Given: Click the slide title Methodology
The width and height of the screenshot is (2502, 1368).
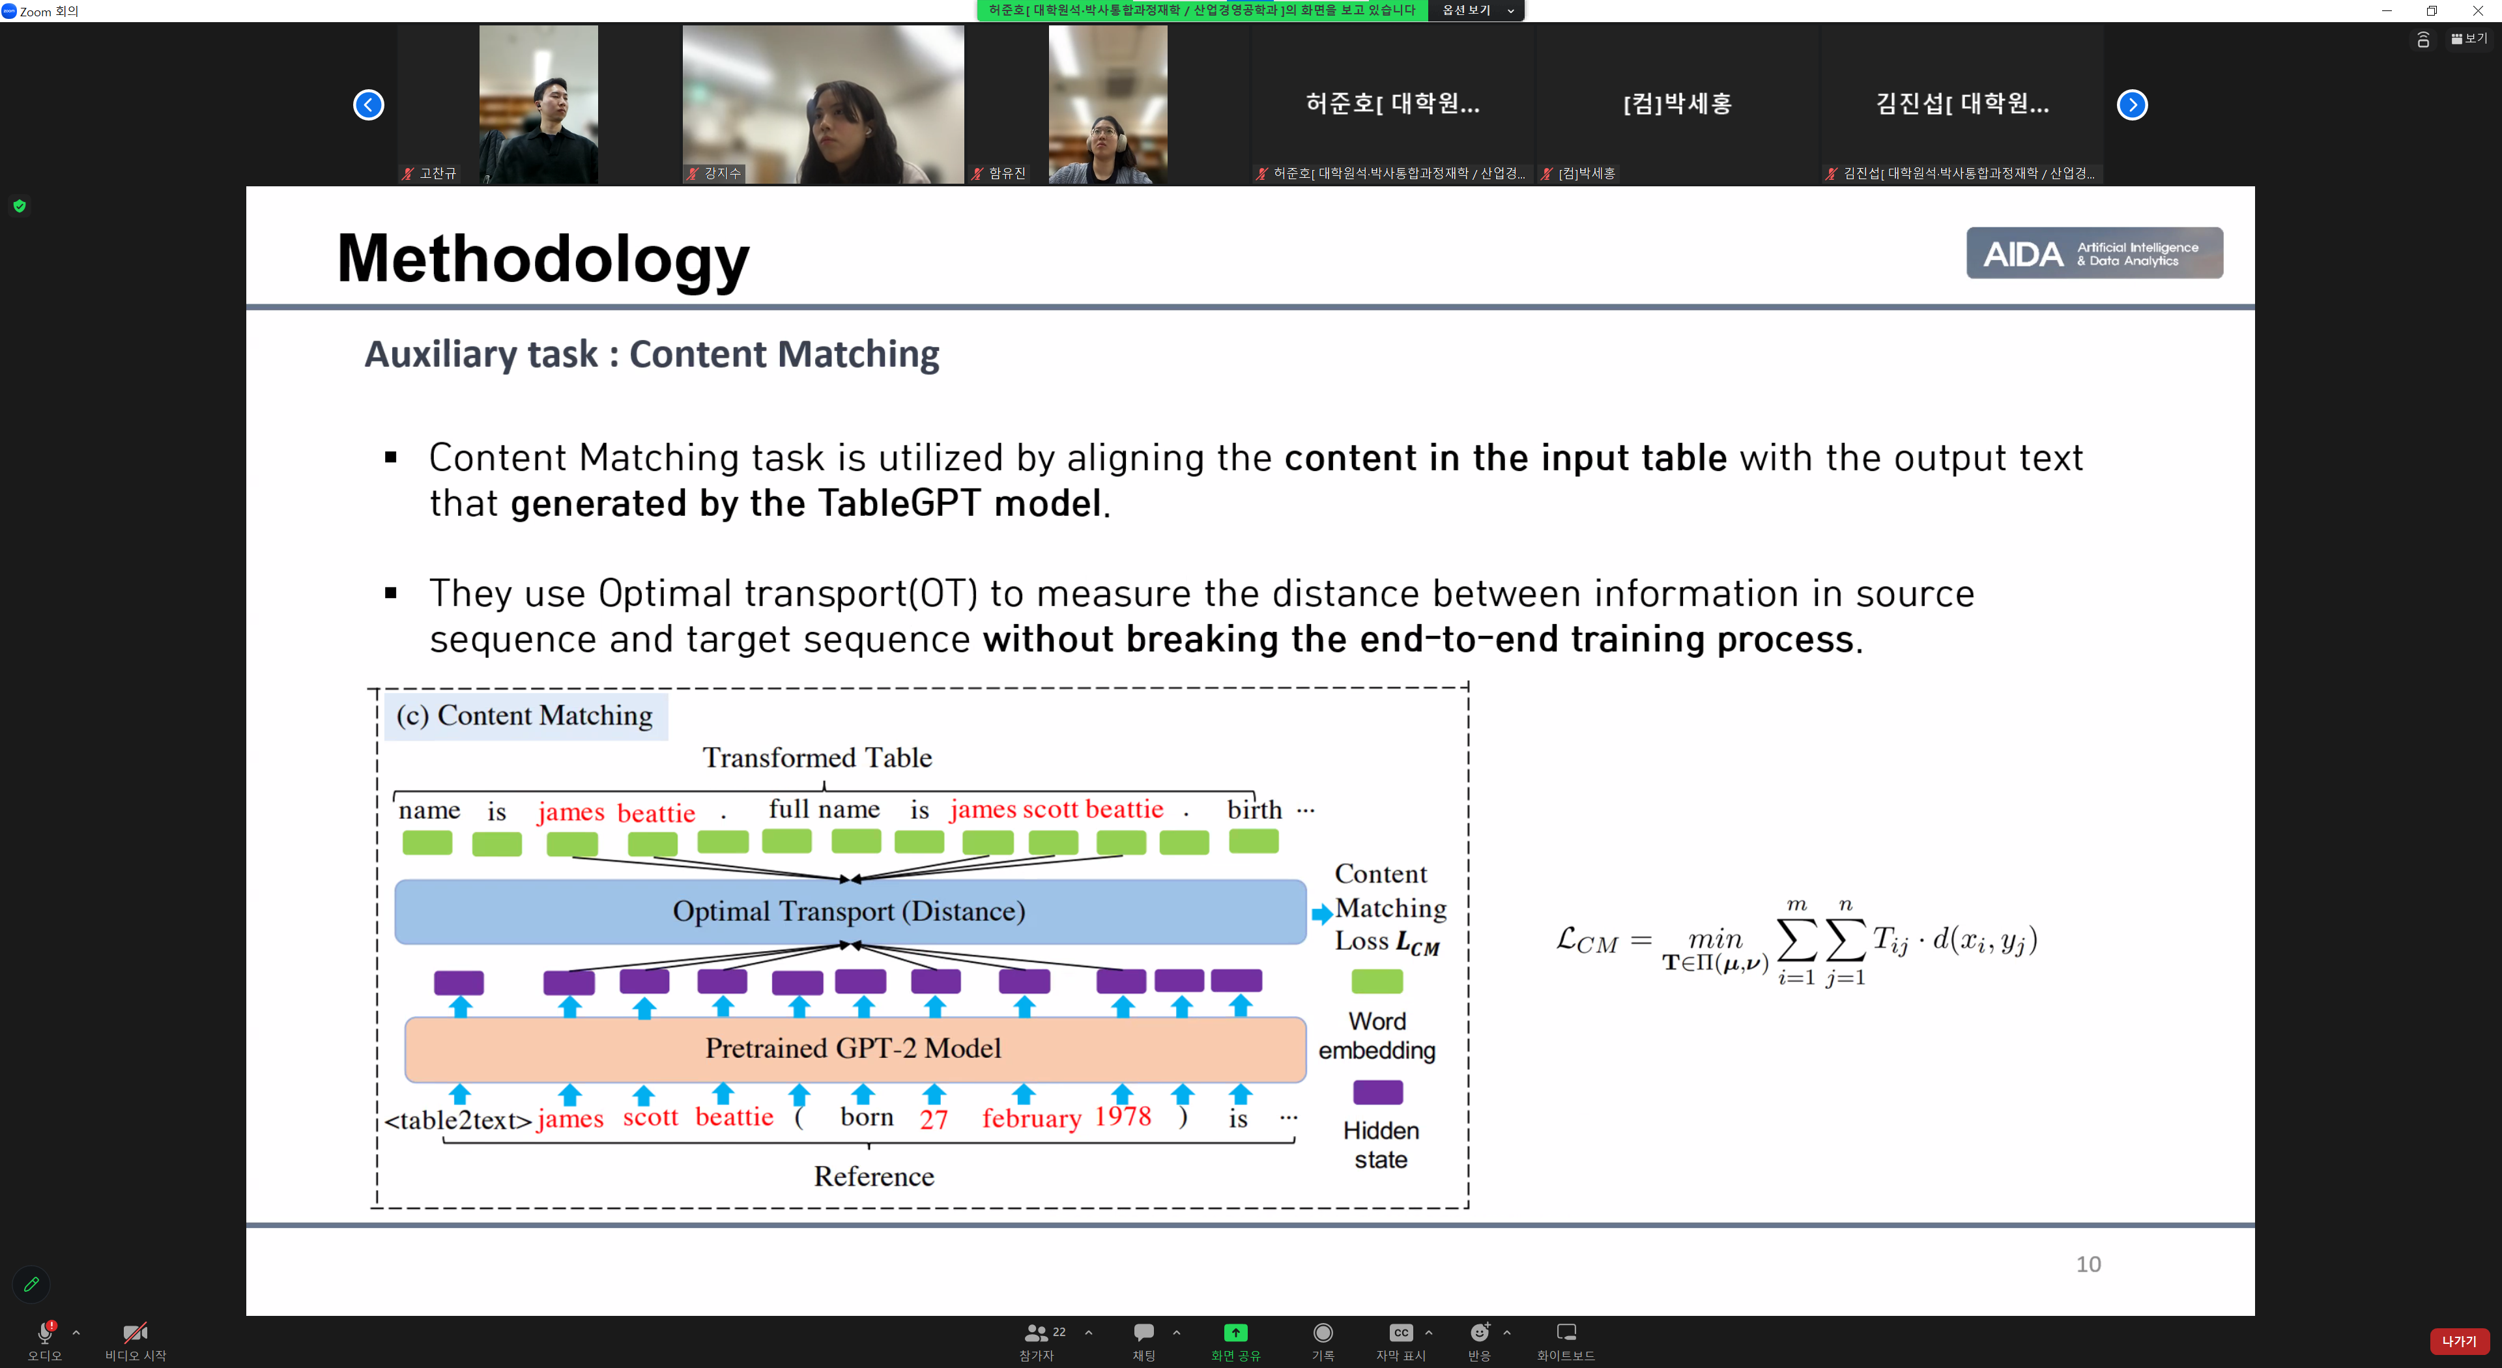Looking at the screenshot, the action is coord(543,258).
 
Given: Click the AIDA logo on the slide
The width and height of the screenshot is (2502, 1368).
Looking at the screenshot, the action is coord(2094,253).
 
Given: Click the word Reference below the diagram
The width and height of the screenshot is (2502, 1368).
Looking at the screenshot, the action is coord(873,1176).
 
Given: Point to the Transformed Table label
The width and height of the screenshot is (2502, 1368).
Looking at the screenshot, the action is coord(817,758).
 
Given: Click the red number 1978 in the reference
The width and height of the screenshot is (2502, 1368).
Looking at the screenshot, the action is coord(1123,1117).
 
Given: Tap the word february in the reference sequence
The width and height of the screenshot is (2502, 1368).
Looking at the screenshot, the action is coord(1031,1119).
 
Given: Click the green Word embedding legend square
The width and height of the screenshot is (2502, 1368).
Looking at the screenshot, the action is coord(1377,982).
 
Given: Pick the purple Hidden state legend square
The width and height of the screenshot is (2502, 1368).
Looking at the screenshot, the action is coord(1377,1092).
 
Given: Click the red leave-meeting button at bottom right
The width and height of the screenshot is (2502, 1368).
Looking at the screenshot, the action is coord(2459,1341).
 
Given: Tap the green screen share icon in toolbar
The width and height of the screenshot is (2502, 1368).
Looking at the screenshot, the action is coord(1235,1332).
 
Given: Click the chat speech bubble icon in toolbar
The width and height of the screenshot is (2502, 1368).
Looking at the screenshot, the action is coord(1144,1332).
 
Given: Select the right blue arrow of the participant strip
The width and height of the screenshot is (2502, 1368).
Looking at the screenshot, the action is coord(2132,105).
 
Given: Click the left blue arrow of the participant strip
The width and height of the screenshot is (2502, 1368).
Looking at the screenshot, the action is coord(368,105).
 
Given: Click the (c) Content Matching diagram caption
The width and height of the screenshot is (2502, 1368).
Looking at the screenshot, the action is coord(525,715).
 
